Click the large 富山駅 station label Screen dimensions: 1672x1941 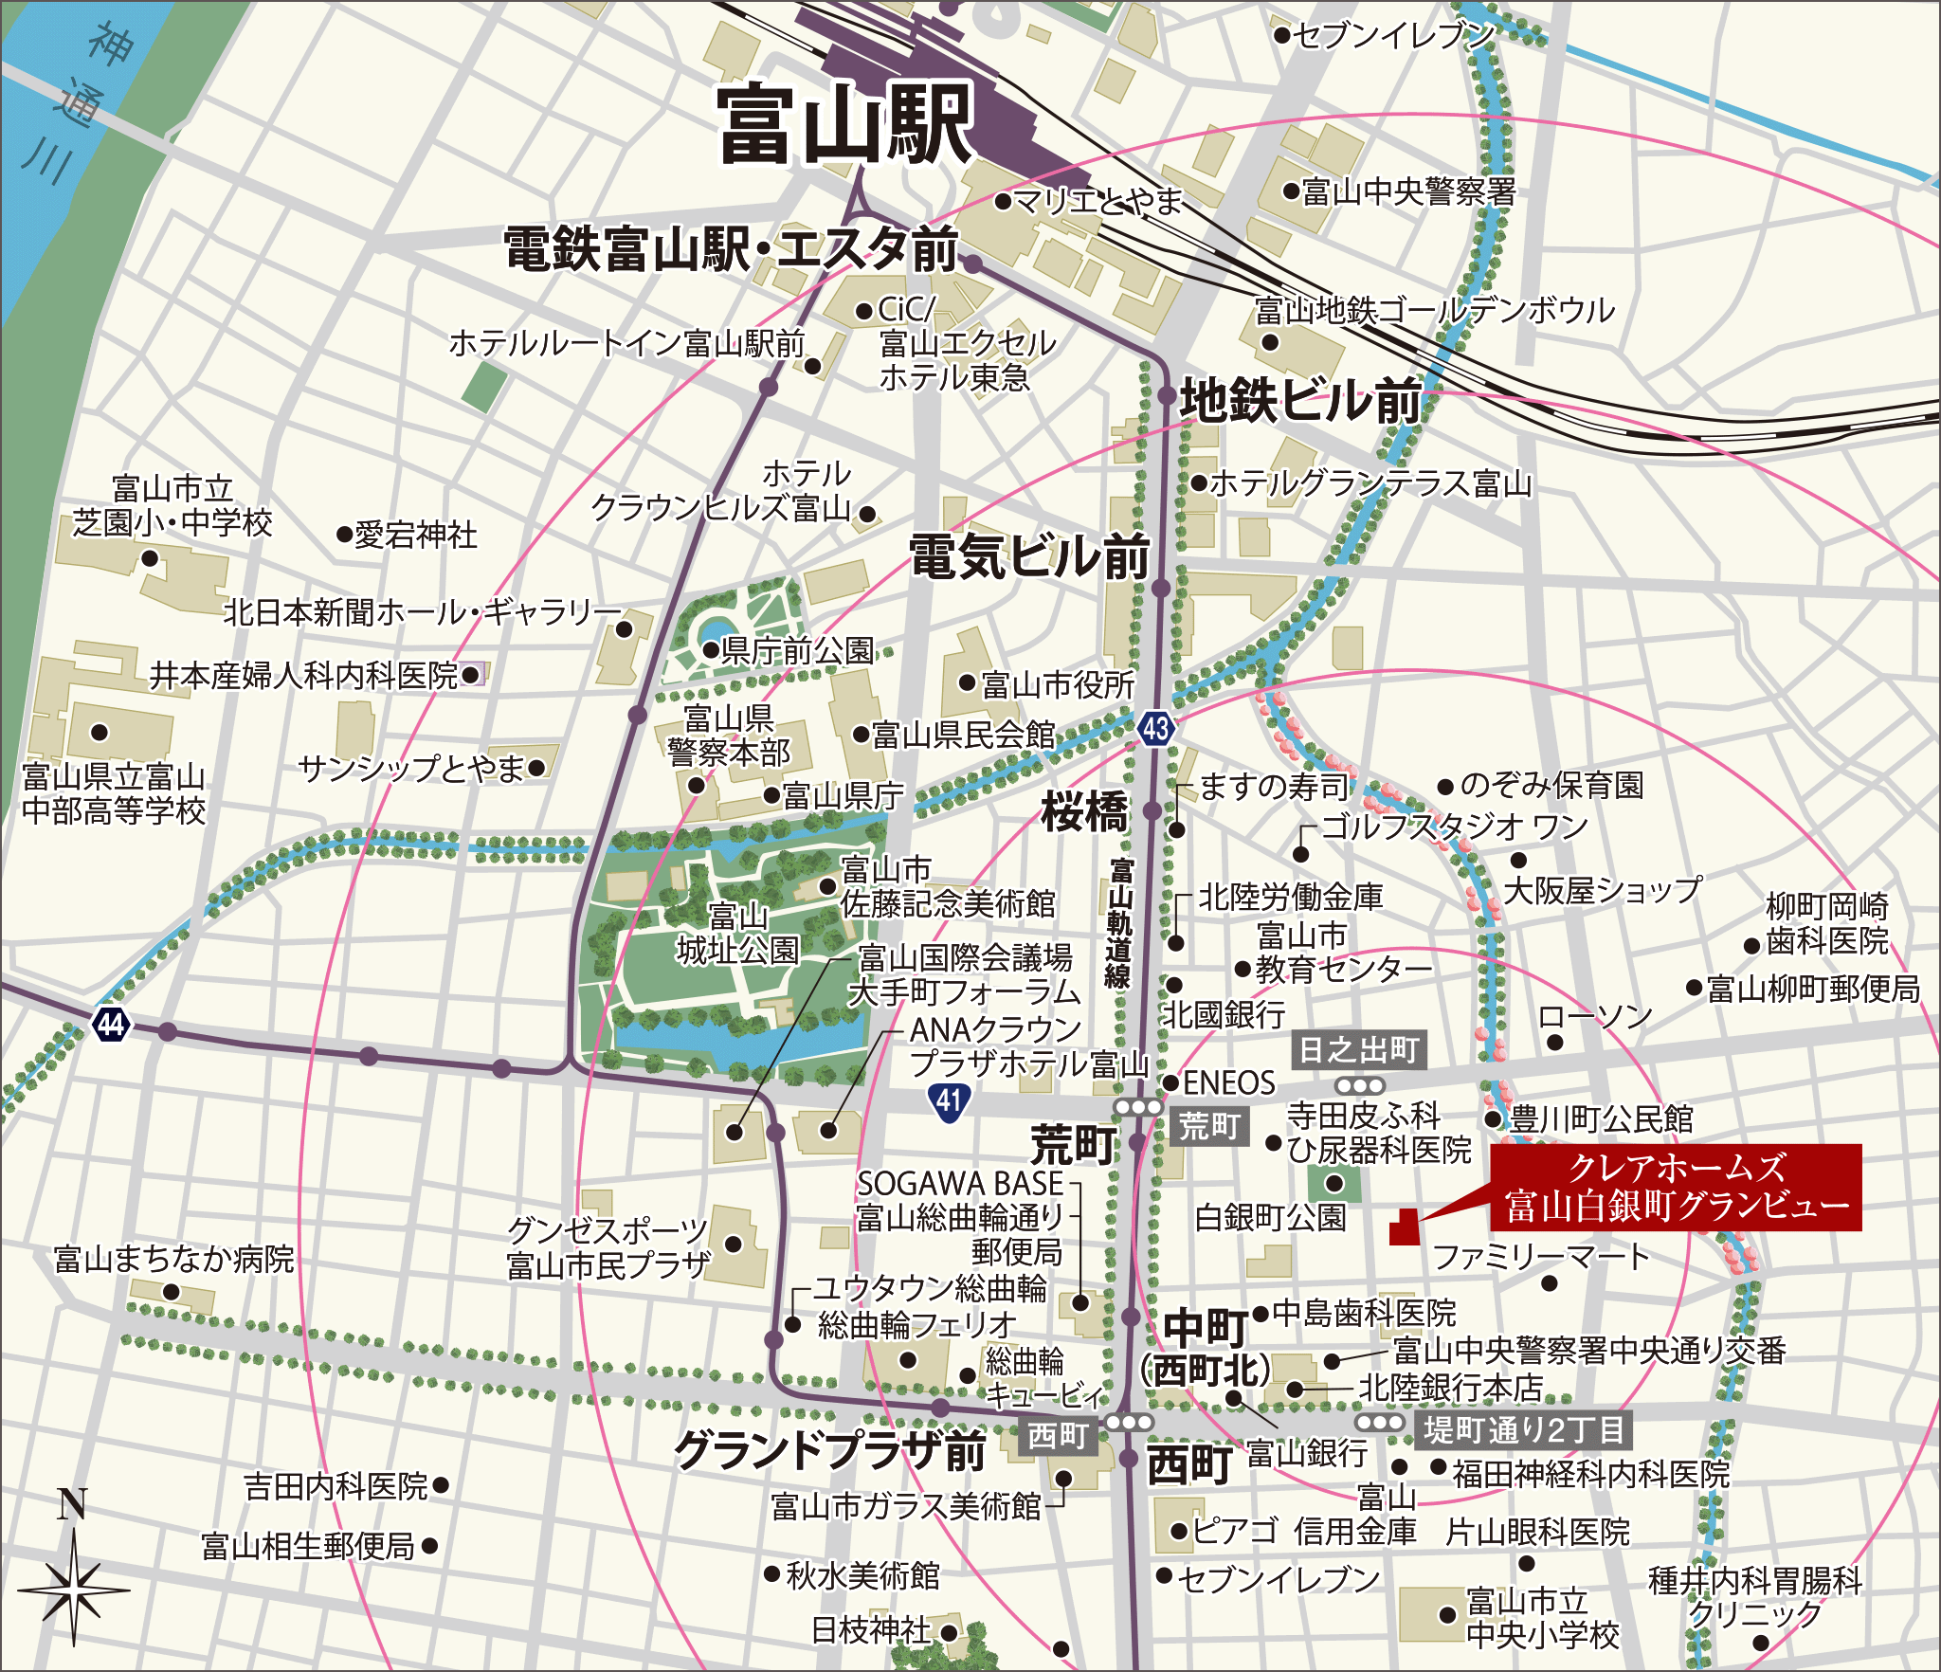click(x=844, y=124)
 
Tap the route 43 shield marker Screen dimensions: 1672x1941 click(x=1155, y=728)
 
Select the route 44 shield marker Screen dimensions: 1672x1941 click(x=111, y=1024)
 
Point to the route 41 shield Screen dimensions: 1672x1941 click(x=949, y=1100)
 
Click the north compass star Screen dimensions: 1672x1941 click(x=74, y=1587)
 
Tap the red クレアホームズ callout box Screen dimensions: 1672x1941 click(x=1676, y=1187)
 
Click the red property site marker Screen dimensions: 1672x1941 click(x=1404, y=1227)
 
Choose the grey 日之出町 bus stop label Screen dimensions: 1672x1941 click(x=1358, y=1050)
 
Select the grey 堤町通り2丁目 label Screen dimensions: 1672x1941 click(x=1524, y=1429)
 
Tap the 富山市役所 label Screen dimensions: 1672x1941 click(x=1057, y=684)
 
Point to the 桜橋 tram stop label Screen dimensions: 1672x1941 click(x=1085, y=811)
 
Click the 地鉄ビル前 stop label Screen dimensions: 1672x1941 click(x=1300, y=401)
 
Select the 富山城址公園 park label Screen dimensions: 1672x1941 click(x=737, y=934)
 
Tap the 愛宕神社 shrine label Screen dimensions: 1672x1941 click(x=415, y=536)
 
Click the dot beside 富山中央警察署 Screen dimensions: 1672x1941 click(x=1290, y=191)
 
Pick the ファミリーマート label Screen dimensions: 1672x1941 click(x=1541, y=1257)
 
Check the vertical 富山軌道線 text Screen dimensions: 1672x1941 click(x=1120, y=924)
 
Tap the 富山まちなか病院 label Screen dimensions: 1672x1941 click(x=174, y=1260)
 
